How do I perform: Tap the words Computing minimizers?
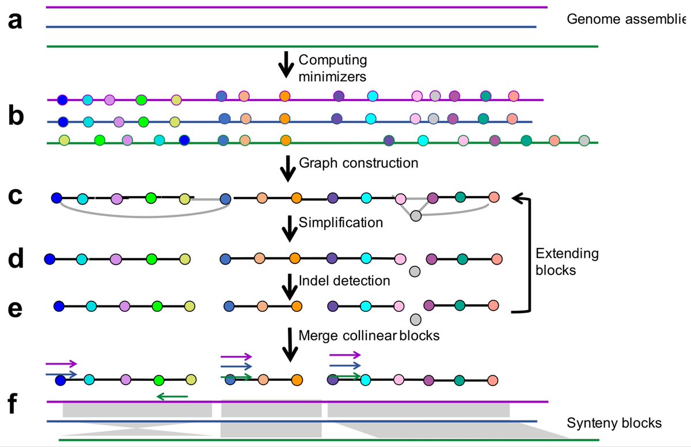[332, 67]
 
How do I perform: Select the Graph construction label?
[358, 163]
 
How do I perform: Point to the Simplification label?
[341, 222]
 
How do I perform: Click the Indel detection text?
[344, 281]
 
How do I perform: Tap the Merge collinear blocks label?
[369, 335]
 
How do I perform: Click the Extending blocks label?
[567, 261]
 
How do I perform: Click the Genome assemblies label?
[628, 19]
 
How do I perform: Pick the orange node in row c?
[296, 198]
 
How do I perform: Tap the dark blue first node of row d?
[50, 259]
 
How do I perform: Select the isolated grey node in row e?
[416, 319]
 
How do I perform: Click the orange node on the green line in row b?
[285, 140]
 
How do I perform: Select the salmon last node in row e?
[493, 305]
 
